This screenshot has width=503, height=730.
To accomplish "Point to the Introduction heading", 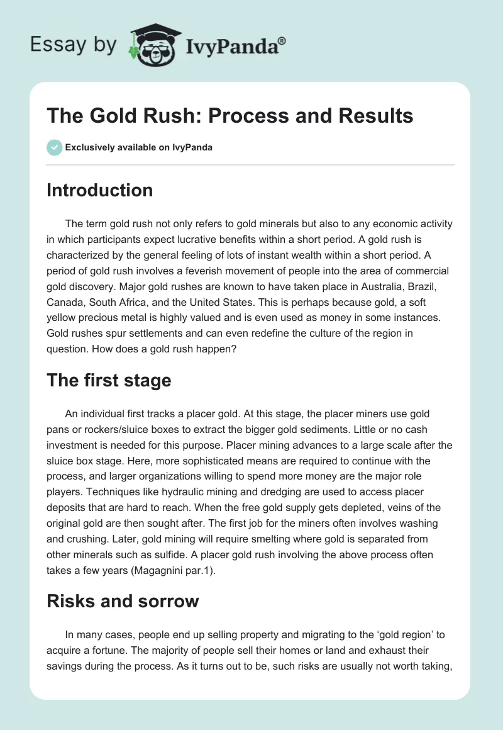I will [x=99, y=190].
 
